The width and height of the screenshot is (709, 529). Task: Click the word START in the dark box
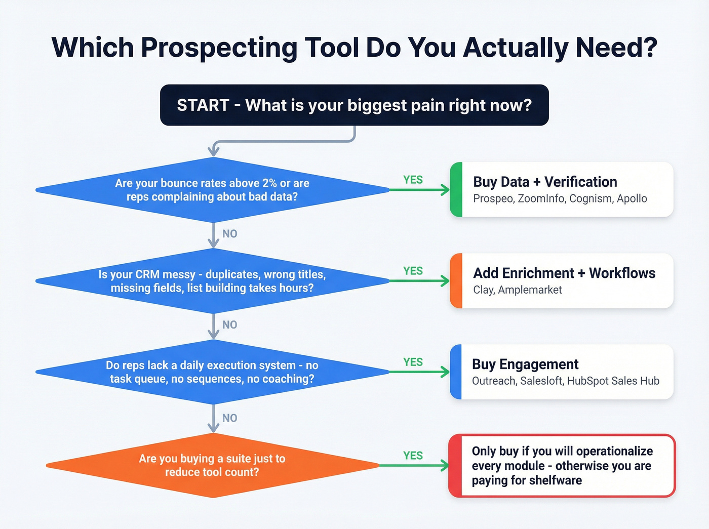click(203, 105)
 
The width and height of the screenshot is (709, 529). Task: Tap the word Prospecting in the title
click(219, 48)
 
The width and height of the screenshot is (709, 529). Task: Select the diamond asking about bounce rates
click(212, 190)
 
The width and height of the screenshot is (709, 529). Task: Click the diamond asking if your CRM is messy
click(212, 281)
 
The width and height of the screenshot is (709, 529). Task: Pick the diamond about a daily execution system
click(212, 372)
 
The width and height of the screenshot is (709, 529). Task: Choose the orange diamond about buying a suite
click(212, 465)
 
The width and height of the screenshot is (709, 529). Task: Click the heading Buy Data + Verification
click(545, 182)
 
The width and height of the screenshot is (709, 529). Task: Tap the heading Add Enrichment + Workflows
click(564, 273)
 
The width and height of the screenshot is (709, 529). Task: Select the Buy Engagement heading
click(525, 364)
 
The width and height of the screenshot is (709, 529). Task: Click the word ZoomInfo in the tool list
click(541, 198)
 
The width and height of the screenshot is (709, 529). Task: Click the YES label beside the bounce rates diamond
click(413, 180)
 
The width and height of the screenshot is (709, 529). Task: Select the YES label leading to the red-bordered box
click(413, 456)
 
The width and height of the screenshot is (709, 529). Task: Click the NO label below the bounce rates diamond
click(229, 233)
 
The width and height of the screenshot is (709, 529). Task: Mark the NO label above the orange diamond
click(229, 418)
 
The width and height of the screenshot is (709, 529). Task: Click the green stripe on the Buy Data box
click(456, 190)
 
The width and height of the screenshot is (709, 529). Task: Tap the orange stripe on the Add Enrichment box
click(456, 281)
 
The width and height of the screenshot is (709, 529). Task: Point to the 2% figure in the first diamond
click(269, 183)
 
